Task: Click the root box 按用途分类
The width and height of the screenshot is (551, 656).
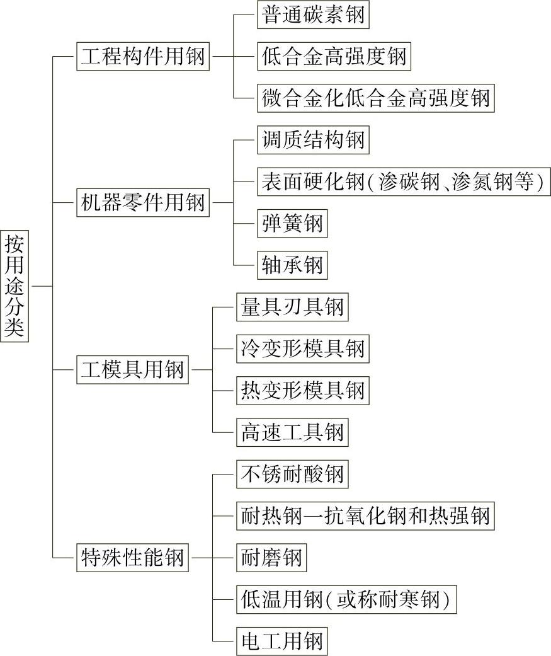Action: pyautogui.click(x=15, y=286)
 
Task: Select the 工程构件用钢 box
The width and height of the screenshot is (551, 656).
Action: pyautogui.click(x=143, y=57)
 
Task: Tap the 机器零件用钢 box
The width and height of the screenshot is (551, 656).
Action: pyautogui.click(x=143, y=203)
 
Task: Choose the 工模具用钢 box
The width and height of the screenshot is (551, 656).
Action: pyautogui.click(x=132, y=370)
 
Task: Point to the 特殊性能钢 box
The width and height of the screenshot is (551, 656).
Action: pyautogui.click(x=132, y=557)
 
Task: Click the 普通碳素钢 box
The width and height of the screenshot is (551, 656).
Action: pyautogui.click(x=313, y=16)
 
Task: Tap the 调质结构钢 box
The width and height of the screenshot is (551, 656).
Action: pyautogui.click(x=313, y=140)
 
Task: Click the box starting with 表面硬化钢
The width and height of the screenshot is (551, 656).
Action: pyautogui.click(x=404, y=181)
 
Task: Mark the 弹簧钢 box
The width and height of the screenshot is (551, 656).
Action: pyautogui.click(x=292, y=224)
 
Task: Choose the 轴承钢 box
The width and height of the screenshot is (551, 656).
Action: pyautogui.click(x=292, y=265)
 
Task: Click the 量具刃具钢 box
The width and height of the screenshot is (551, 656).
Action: pyautogui.click(x=292, y=307)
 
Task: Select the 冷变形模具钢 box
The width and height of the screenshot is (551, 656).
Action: pyautogui.click(x=303, y=348)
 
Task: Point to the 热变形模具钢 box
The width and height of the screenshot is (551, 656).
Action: pyautogui.click(x=303, y=390)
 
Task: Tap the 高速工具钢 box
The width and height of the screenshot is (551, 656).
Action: pyautogui.click(x=292, y=432)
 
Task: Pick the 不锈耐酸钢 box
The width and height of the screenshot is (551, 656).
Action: pyautogui.click(x=292, y=474)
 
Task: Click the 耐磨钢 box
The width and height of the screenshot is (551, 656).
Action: pyautogui.click(x=271, y=558)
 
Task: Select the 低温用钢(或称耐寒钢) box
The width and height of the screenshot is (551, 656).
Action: pyautogui.click(x=345, y=599)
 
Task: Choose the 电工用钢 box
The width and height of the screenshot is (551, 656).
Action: pyautogui.click(x=282, y=641)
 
